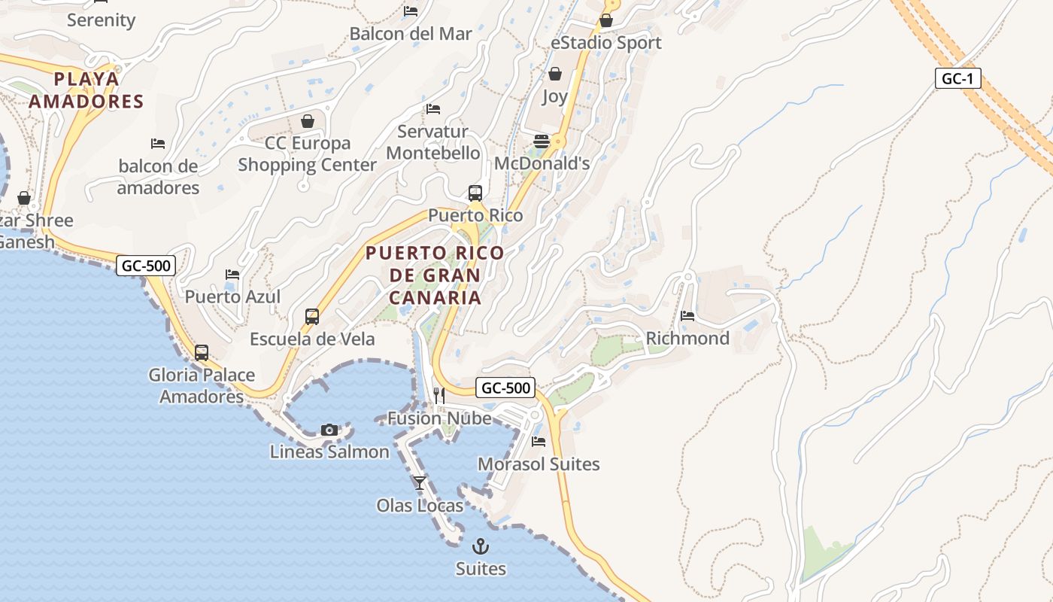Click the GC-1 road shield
click(958, 78)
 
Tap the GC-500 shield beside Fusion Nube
click(505, 388)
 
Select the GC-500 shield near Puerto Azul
click(146, 265)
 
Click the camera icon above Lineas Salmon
click(329, 430)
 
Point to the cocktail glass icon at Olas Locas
click(420, 483)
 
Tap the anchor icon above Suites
click(480, 546)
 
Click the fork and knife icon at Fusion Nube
click(439, 396)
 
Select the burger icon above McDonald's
click(542, 141)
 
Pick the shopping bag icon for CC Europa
click(308, 121)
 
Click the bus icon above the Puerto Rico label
click(475, 193)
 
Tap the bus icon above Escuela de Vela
click(312, 317)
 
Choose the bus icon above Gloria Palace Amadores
click(201, 352)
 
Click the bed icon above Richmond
click(687, 316)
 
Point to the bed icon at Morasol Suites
click(539, 442)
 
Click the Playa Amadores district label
click(86, 90)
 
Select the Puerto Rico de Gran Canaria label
click(435, 275)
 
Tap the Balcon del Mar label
click(411, 34)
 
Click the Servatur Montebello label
click(432, 142)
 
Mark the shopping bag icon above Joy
click(555, 74)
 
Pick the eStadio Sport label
click(605, 43)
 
